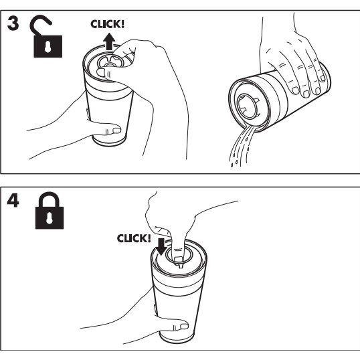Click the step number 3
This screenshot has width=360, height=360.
tap(13, 23)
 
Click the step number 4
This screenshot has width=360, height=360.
tap(13, 201)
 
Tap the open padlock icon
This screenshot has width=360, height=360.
tap(48, 37)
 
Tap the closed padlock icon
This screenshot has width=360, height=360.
tap(50, 211)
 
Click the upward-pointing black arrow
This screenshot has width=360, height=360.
tap(109, 41)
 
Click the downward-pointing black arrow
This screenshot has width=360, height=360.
tap(161, 247)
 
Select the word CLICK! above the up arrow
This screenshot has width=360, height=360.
tap(108, 24)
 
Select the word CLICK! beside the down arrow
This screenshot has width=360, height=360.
tap(134, 238)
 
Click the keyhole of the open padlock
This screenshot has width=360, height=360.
tap(48, 47)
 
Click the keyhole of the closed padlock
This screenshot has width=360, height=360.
tap(50, 218)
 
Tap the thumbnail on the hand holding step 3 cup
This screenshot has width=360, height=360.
tap(116, 130)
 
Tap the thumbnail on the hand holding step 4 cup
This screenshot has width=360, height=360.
tap(184, 326)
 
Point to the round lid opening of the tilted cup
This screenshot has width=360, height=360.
tap(248, 106)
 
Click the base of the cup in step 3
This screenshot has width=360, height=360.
tap(109, 141)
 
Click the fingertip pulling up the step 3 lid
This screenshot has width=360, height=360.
tap(101, 72)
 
